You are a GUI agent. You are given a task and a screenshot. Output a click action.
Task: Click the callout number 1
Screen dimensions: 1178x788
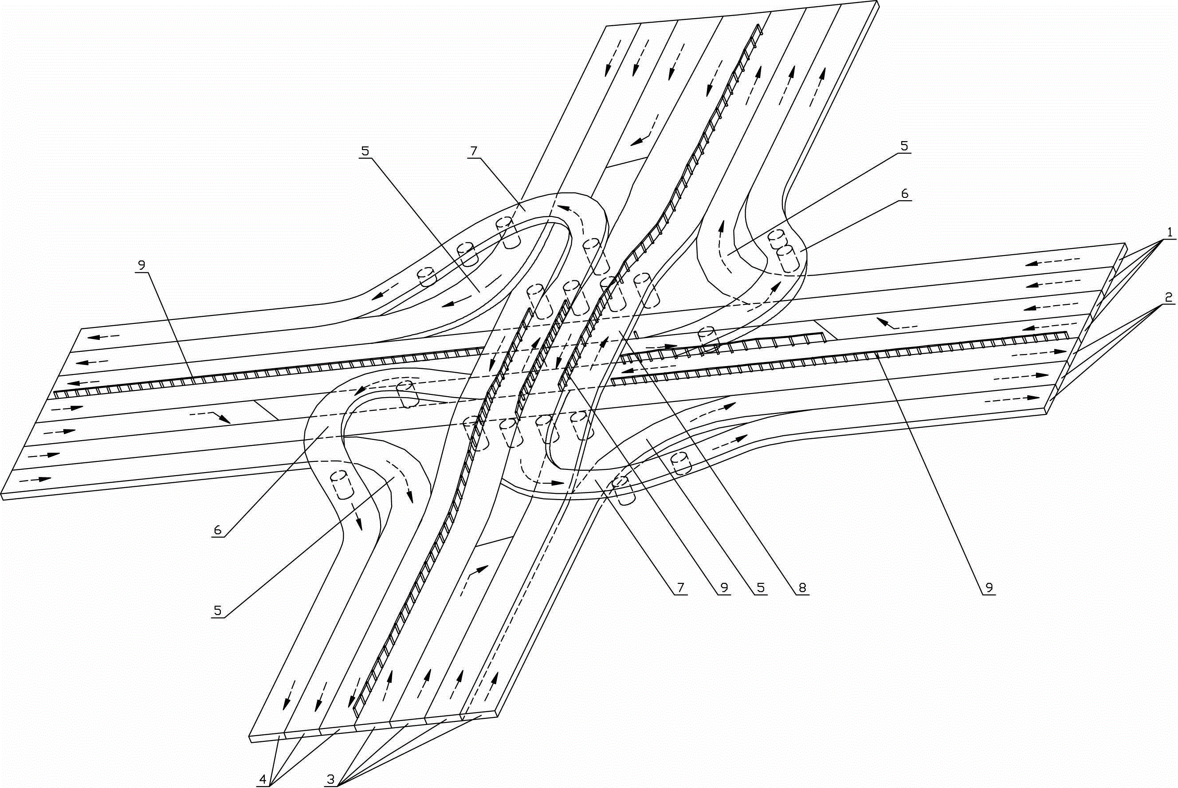tap(1170, 232)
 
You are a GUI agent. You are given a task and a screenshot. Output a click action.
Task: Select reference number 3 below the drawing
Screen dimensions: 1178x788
tap(330, 780)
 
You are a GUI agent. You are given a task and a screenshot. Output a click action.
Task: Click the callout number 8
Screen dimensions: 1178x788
tap(802, 587)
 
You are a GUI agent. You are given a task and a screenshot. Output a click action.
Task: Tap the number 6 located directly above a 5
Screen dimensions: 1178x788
tap(905, 193)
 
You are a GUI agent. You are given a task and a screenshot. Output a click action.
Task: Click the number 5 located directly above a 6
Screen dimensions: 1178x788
tap(904, 146)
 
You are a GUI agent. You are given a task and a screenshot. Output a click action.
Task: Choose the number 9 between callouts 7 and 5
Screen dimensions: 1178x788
tap(724, 587)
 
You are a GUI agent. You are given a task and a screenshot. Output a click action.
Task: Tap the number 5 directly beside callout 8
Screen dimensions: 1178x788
tap(762, 587)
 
